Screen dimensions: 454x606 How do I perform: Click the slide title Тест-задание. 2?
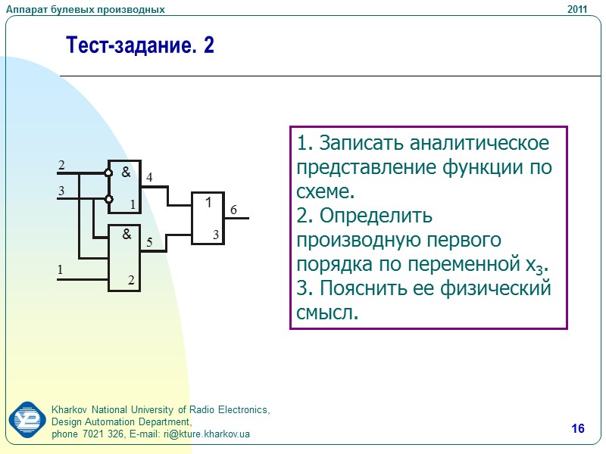(141, 46)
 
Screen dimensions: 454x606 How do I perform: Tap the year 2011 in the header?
(577, 9)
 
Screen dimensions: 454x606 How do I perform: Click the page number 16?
(578, 430)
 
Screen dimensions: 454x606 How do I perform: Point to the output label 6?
(234, 210)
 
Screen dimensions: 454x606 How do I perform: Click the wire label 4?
(149, 177)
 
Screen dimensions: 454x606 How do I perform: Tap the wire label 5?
(150, 243)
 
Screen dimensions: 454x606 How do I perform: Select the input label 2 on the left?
(62, 165)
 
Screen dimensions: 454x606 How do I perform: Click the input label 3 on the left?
(62, 191)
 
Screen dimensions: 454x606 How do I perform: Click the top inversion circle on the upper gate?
(108, 173)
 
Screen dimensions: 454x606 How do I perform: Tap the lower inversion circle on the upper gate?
(108, 200)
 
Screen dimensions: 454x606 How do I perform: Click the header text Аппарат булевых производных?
(86, 9)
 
